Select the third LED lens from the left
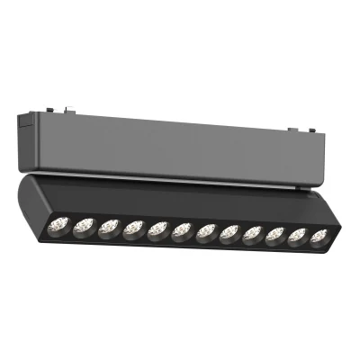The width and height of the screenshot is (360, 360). coord(109,226)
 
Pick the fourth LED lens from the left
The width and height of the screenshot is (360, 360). coord(133,226)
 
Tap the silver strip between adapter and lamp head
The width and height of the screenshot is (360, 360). coord(180,175)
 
